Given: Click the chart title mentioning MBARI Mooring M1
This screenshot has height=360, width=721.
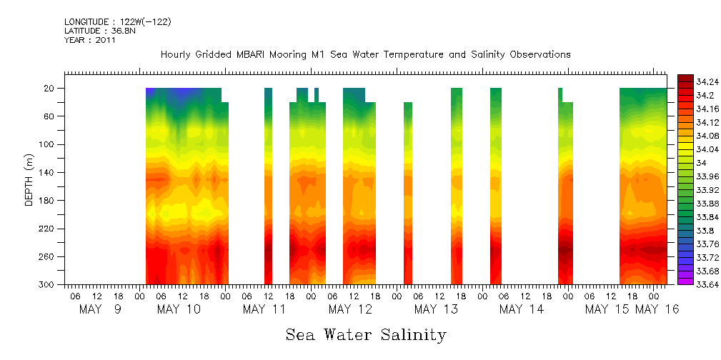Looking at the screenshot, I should [365, 55].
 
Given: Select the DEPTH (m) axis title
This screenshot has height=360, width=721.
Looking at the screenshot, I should [29, 179].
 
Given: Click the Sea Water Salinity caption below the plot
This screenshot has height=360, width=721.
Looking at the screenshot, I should [366, 334].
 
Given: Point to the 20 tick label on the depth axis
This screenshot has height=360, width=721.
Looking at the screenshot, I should [50, 89].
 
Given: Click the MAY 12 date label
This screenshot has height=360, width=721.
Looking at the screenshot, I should [350, 309].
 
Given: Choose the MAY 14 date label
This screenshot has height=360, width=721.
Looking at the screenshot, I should [522, 309].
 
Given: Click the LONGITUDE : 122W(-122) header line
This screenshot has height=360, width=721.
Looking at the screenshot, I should [117, 22].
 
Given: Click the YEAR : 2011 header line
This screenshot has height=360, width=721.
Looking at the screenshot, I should [89, 40].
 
